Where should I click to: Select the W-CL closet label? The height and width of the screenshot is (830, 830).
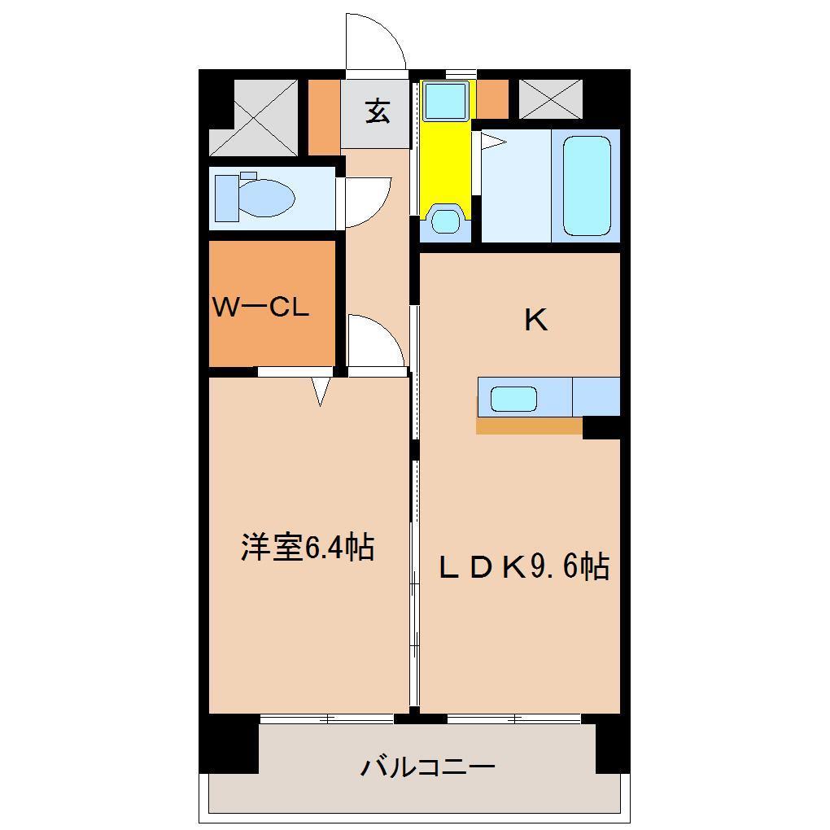click(x=260, y=307)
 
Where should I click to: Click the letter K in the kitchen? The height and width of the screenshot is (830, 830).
click(x=535, y=321)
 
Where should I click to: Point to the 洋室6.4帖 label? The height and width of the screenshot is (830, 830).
click(x=308, y=547)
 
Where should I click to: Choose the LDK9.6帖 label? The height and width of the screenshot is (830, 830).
click(x=524, y=567)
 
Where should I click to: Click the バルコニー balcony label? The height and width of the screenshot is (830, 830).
click(x=428, y=767)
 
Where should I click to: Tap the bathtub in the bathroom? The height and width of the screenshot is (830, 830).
click(x=587, y=186)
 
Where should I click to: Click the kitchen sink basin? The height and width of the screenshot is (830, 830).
click(x=513, y=399)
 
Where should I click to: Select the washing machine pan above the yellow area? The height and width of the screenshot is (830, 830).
click(x=445, y=101)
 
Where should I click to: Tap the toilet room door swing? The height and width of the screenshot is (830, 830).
click(x=365, y=202)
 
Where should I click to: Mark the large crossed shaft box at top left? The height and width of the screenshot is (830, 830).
click(x=254, y=117)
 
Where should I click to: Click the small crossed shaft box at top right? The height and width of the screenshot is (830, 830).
click(x=551, y=98)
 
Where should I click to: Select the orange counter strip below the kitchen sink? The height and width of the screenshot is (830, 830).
click(x=529, y=426)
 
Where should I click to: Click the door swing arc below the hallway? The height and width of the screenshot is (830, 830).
click(x=373, y=341)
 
